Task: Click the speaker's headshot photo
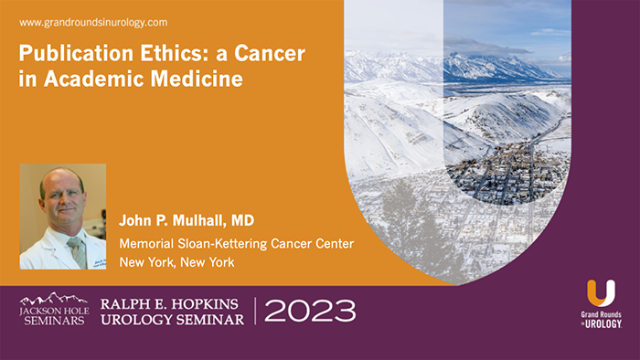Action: pos(62,217)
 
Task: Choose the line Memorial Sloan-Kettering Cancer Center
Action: pos(236,243)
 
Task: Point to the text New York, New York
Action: pos(176,262)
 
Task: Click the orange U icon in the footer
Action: pos(601,294)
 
